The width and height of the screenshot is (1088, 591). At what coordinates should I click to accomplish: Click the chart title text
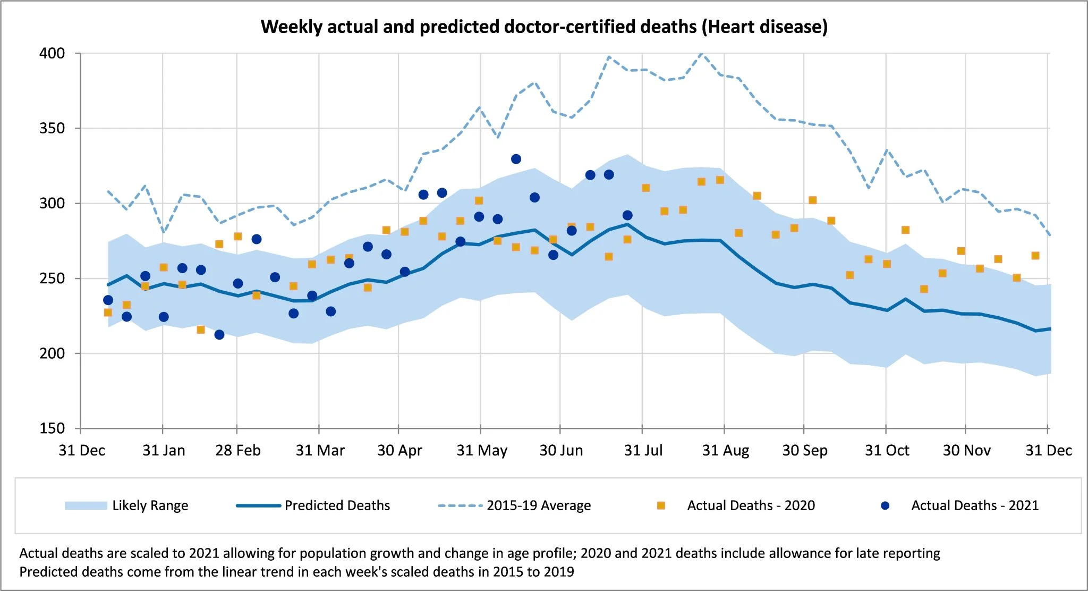click(x=544, y=27)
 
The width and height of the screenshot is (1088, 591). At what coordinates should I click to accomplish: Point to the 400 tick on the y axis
click(x=52, y=54)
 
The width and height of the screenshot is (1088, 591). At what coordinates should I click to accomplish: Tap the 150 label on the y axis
click(x=52, y=428)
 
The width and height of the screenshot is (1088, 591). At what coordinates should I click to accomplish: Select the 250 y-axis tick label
click(x=52, y=278)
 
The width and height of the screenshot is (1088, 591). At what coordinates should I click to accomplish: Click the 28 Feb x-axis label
click(x=237, y=451)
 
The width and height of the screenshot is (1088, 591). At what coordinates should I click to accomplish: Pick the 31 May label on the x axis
click(x=482, y=451)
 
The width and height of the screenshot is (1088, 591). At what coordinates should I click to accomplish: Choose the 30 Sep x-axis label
click(x=805, y=451)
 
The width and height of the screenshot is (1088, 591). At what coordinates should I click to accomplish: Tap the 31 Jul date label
click(x=643, y=451)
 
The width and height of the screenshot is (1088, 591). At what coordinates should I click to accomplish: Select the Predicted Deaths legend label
click(x=337, y=505)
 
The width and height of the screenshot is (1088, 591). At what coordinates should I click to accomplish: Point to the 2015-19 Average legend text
click(x=539, y=505)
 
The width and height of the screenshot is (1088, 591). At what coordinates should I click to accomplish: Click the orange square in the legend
click(x=661, y=505)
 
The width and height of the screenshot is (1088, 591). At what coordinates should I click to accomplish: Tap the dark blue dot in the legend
click(x=885, y=505)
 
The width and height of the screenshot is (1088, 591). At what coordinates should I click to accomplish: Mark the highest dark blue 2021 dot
click(x=516, y=159)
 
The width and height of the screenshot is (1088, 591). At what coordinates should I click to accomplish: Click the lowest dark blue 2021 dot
click(x=219, y=334)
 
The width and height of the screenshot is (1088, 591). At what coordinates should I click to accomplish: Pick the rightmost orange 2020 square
click(x=1035, y=256)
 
